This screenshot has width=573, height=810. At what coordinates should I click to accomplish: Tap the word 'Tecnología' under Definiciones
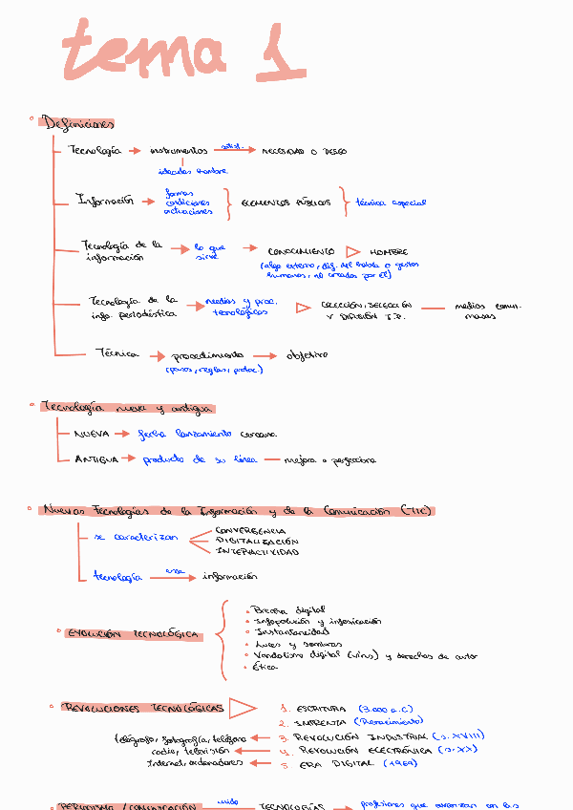point(95,151)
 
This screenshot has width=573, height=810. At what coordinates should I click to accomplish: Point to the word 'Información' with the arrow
point(103,201)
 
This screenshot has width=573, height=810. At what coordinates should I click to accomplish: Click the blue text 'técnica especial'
point(391,202)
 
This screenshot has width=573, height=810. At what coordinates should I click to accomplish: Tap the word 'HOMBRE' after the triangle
point(389,252)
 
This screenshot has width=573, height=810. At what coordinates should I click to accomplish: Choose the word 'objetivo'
point(306,354)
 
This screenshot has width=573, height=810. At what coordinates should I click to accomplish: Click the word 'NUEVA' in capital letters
point(92,434)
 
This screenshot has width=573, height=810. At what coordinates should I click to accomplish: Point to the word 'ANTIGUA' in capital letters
point(96,459)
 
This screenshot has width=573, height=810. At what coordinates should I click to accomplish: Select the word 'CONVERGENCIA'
point(250,529)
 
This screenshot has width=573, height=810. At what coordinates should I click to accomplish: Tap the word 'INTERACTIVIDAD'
point(257,552)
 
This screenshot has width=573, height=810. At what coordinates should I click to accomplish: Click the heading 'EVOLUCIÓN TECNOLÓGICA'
point(133,634)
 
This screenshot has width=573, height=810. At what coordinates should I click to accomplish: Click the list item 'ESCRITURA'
point(320,709)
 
